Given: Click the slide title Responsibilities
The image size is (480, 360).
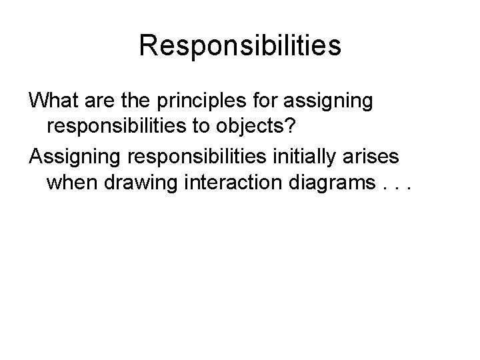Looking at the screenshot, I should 240,46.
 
